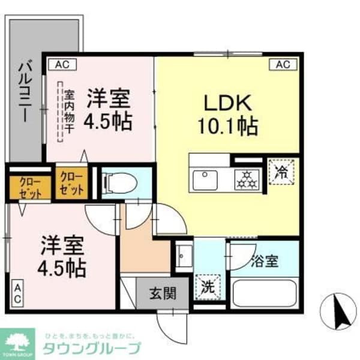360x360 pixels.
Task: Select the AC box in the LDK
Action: coord(283,64)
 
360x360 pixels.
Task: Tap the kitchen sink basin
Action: coord(206,178)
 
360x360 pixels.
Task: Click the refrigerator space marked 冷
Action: coord(281,172)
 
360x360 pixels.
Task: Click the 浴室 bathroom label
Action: coord(264,262)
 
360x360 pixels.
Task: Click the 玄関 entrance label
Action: coord(162,293)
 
